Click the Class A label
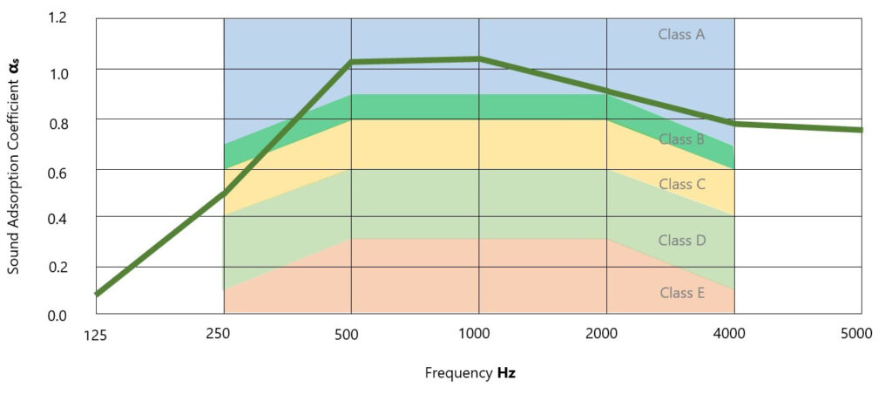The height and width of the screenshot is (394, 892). (681, 35)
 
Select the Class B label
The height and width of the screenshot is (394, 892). (681, 139)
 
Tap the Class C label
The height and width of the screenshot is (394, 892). (681, 185)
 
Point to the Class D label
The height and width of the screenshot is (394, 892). (681, 241)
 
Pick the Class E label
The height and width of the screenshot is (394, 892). (681, 293)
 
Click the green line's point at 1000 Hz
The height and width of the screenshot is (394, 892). (478, 58)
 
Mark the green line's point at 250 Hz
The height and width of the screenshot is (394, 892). (224, 192)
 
